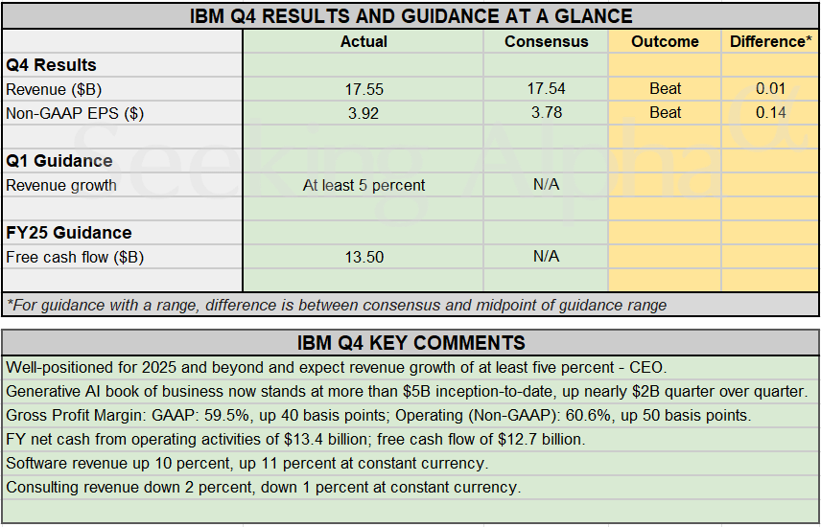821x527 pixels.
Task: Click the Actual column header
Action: point(364,41)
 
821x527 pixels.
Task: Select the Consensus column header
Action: point(546,41)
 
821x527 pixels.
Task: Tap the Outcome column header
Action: point(665,41)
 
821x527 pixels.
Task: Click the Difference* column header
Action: point(770,41)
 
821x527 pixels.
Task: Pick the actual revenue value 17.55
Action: point(364,89)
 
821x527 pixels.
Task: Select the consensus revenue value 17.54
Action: point(546,89)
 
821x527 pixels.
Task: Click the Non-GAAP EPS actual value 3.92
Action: point(364,113)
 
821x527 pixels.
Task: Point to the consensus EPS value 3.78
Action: point(546,113)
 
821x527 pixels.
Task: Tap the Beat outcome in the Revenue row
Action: point(665,89)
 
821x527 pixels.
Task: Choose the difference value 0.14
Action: point(770,113)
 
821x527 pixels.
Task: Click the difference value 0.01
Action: point(770,89)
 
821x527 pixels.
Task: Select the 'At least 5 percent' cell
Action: point(364,185)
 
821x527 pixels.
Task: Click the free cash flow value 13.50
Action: point(364,257)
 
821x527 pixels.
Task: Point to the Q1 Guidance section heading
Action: point(59,161)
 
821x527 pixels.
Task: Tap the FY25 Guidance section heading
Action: point(69,233)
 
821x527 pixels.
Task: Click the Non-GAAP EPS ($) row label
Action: point(75,113)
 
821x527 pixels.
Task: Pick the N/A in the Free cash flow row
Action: point(546,257)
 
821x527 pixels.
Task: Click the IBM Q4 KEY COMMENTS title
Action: point(410,343)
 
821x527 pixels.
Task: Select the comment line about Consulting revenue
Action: point(264,487)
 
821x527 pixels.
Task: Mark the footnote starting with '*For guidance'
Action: point(337,305)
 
